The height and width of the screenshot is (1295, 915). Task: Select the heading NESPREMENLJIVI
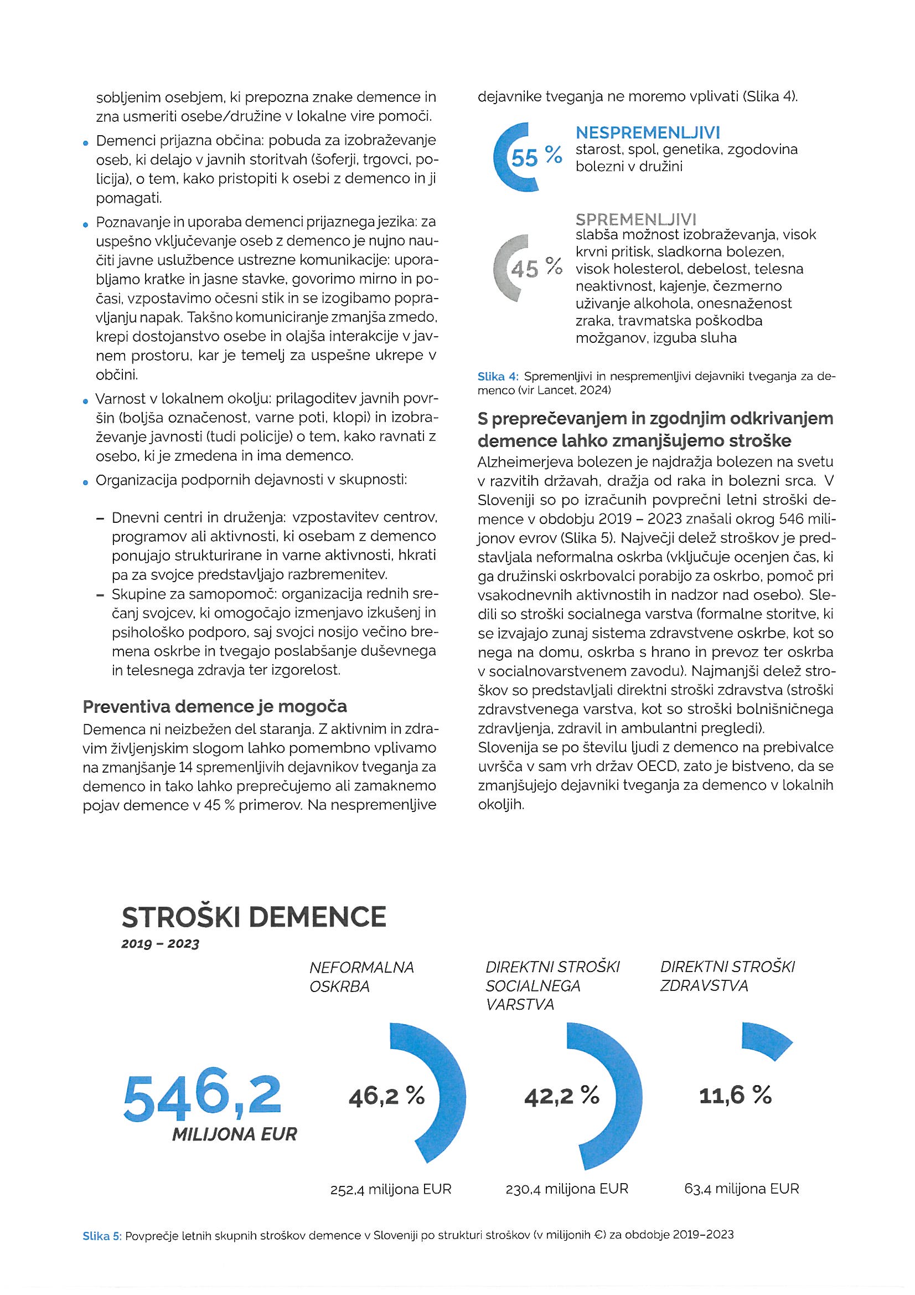(x=648, y=133)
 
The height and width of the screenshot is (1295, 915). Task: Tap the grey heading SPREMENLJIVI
(x=636, y=219)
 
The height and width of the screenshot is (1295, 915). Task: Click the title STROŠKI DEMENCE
(x=254, y=917)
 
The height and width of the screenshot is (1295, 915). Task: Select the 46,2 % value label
(x=386, y=1096)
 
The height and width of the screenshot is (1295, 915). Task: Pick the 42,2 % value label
(x=561, y=1096)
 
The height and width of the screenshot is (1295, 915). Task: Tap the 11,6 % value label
(x=735, y=1096)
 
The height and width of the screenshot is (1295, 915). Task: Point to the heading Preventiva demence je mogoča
(x=215, y=706)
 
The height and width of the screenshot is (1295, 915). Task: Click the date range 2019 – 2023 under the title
(x=160, y=945)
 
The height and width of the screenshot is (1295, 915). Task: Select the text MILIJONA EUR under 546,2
(x=234, y=1135)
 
